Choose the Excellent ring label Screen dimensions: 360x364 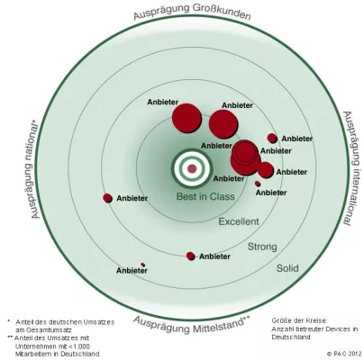tap(239, 220)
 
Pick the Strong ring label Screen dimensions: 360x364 tap(262, 246)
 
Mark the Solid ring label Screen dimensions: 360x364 tap(287, 267)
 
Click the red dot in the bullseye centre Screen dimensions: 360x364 tap(191, 168)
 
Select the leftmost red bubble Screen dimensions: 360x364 tap(108, 198)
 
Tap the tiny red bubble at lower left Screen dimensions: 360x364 tap(143, 265)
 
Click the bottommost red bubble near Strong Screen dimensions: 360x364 tap(190, 256)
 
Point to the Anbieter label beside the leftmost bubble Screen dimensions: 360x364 tap(132, 199)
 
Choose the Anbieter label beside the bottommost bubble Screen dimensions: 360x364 tap(215, 256)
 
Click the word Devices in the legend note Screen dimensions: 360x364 tap(339, 328)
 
